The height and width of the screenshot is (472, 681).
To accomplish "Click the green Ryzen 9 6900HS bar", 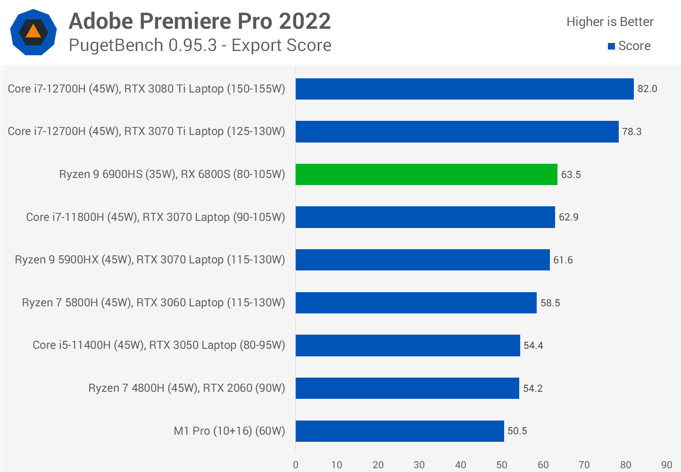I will tap(426, 174).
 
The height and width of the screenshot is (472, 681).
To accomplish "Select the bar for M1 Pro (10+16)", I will tap(399, 431).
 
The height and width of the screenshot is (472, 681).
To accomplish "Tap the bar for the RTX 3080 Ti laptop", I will tap(465, 89).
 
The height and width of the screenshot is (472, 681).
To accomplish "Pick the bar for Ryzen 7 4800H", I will tap(407, 388).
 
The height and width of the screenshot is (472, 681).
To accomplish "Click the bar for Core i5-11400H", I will tap(407, 346).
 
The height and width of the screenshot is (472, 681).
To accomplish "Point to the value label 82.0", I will tap(647, 89).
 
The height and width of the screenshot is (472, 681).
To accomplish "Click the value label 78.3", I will tap(631, 132).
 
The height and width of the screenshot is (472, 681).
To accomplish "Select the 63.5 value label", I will tap(571, 175).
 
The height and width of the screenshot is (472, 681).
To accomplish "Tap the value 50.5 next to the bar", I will tap(517, 431).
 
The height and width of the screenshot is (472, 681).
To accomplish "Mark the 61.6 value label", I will tap(563, 260).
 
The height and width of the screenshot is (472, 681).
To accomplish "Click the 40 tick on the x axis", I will tap(461, 465).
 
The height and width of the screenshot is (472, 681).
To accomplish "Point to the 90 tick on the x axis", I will tap(666, 465).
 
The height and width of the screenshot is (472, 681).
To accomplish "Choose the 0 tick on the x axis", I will tap(296, 465).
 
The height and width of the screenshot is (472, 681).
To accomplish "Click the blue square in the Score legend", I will tap(611, 46).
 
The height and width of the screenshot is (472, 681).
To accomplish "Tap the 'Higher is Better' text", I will tap(610, 22).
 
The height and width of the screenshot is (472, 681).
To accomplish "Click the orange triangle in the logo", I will tap(33, 32).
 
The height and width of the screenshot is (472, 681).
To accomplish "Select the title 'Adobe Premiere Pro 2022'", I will tap(200, 21).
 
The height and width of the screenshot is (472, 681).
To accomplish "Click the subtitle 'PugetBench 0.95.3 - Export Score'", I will tap(200, 45).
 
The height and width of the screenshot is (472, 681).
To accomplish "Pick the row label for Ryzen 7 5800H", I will tap(153, 303).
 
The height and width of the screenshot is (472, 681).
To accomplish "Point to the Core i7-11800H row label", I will tap(155, 217).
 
